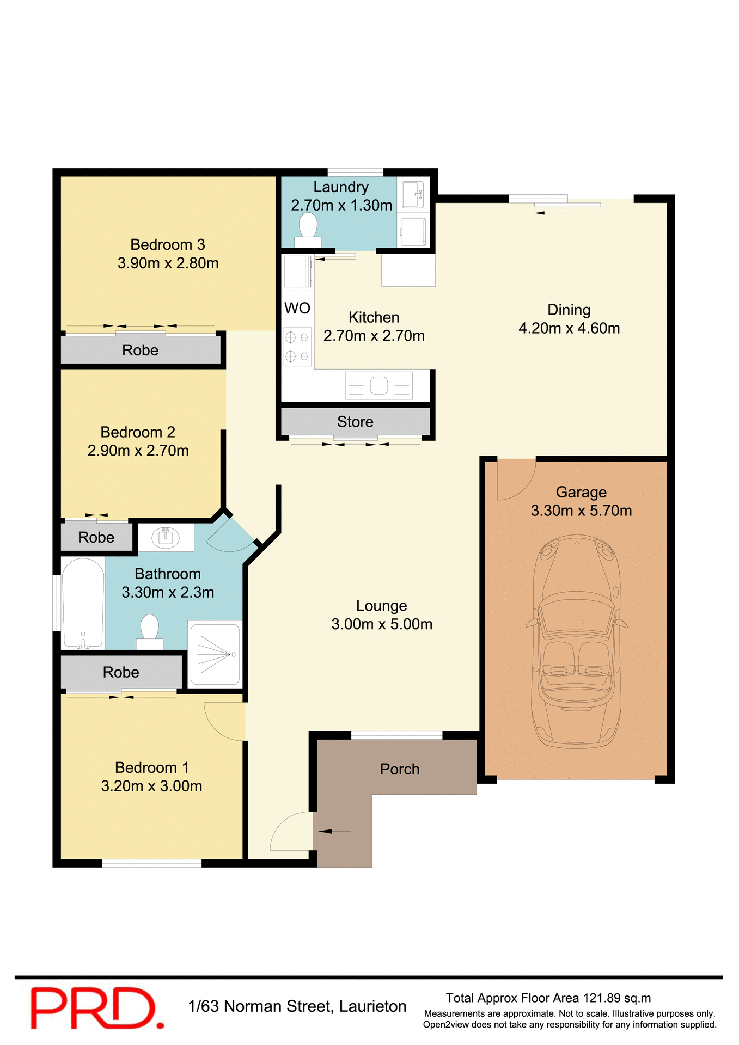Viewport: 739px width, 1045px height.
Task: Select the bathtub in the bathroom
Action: [83, 603]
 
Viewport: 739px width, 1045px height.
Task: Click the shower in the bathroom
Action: [215, 653]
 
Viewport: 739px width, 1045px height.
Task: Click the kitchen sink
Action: [379, 385]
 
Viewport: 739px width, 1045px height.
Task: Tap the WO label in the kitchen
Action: [297, 309]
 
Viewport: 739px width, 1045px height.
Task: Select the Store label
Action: [355, 422]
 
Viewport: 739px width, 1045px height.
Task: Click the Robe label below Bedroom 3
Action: [140, 350]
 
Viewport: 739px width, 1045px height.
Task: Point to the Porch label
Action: [400, 769]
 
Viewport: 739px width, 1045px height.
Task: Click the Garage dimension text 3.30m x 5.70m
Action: [581, 511]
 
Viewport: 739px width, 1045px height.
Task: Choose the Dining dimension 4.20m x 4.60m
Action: [569, 328]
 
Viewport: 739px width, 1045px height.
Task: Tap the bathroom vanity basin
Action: [166, 538]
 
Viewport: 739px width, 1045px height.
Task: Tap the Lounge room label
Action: [381, 606]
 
